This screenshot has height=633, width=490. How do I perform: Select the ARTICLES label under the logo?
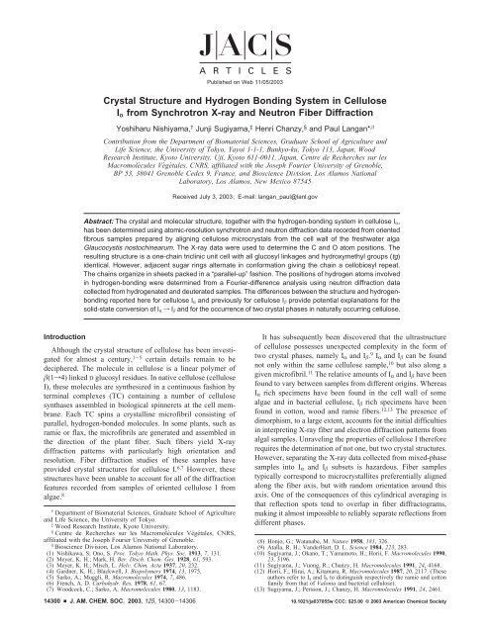pyautogui.click(x=244, y=58)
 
